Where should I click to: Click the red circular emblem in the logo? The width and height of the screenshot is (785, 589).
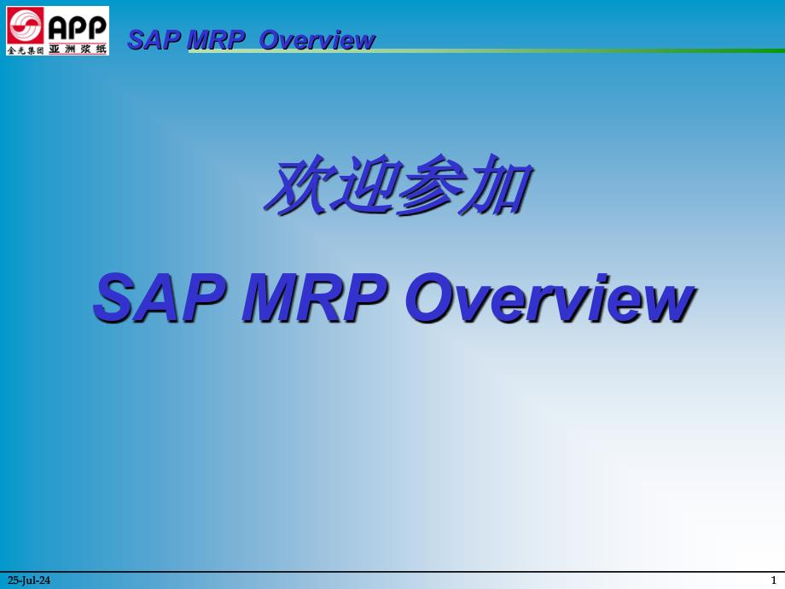point(25,26)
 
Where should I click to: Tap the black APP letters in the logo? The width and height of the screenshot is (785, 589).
point(78,27)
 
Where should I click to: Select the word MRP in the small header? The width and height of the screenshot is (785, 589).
point(216,40)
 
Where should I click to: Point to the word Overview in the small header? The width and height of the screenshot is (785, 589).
point(317,40)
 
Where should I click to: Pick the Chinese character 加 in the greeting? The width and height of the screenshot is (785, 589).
point(497,185)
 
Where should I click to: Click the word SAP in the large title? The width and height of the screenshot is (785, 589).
point(160,298)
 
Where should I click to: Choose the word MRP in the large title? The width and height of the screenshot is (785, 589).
point(314,298)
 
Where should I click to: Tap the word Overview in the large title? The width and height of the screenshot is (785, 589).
point(549,298)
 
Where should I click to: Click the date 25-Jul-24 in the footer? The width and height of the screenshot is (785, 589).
point(29,580)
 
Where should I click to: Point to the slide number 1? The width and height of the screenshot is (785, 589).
point(774,580)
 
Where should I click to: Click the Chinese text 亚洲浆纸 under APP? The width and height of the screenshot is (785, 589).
point(78,50)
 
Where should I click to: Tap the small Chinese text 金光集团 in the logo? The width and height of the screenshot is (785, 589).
point(25,50)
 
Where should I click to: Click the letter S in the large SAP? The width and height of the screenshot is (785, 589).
point(115,298)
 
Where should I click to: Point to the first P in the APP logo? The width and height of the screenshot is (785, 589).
point(78,28)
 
